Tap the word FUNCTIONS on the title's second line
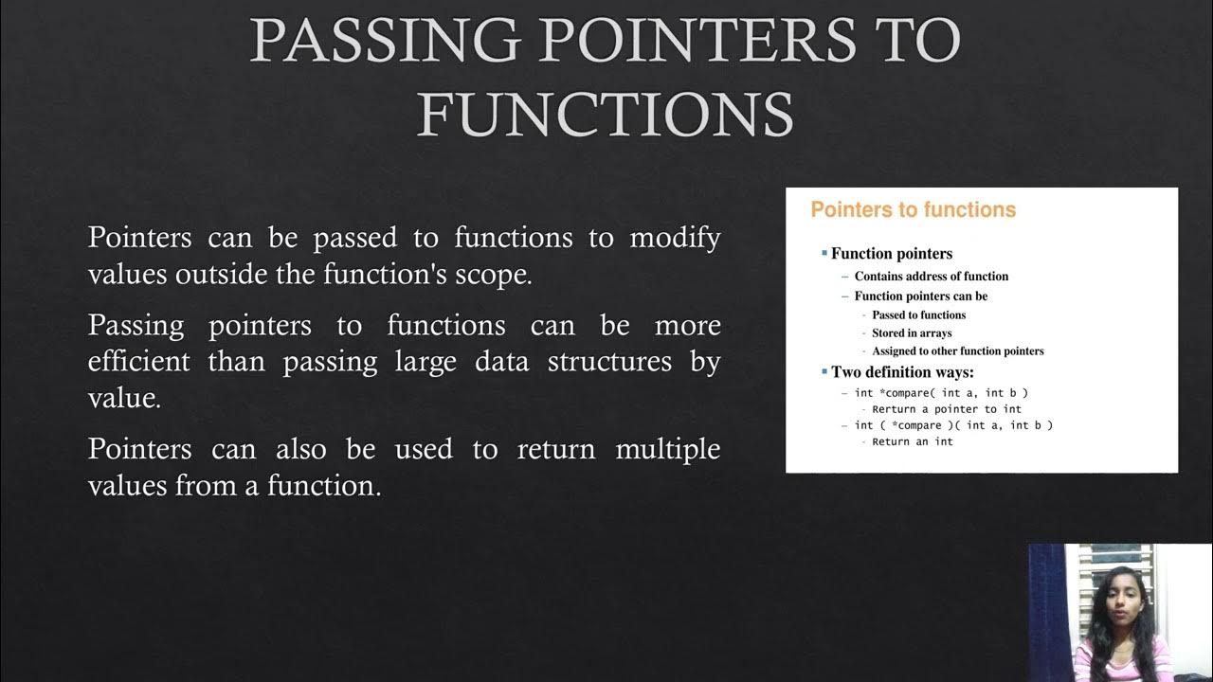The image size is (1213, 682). [605, 114]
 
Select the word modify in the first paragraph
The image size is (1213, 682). [676, 237]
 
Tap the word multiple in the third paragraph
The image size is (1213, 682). [668, 448]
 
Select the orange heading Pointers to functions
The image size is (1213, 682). [913, 209]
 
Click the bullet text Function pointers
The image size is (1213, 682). [891, 254]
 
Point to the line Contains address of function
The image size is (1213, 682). [931, 277]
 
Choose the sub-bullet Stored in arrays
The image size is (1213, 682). [911, 333]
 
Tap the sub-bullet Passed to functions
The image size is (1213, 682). [918, 315]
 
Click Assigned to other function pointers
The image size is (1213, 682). [957, 351]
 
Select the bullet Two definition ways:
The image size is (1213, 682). [901, 372]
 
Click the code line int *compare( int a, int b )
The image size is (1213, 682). [941, 393]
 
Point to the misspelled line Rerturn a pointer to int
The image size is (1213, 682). [946, 409]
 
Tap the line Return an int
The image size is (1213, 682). [912, 441]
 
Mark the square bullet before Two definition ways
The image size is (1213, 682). [824, 371]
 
